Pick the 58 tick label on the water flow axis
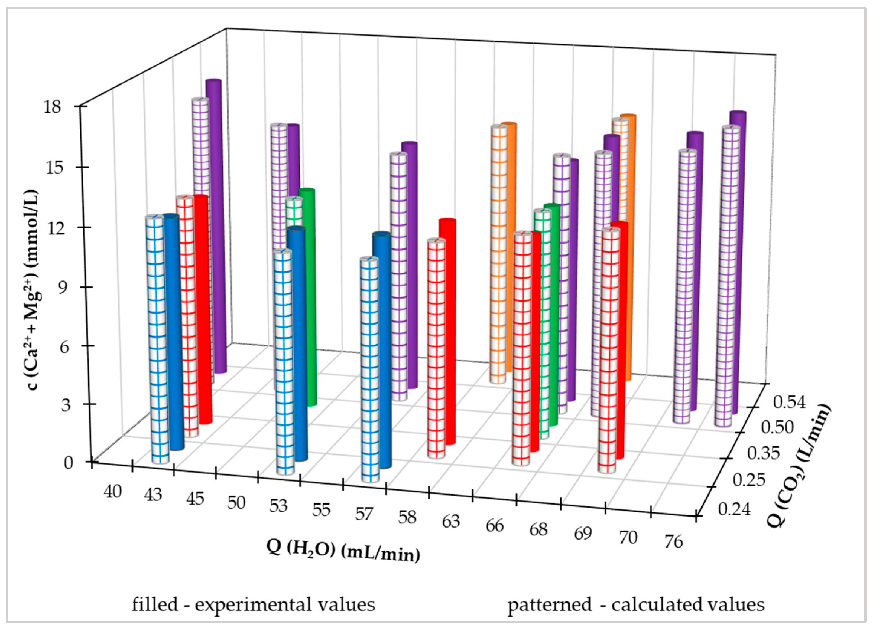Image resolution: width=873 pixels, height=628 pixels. pyautogui.click(x=407, y=517)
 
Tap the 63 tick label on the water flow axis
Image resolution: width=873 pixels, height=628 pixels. pyautogui.click(x=451, y=521)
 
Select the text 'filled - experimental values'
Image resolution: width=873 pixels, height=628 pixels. pyautogui.click(x=253, y=604)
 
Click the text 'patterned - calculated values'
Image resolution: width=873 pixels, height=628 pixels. pyautogui.click(x=636, y=604)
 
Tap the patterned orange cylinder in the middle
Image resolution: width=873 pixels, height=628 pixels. pyautogui.click(x=498, y=254)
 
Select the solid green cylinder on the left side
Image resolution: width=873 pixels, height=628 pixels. pyautogui.click(x=308, y=297)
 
